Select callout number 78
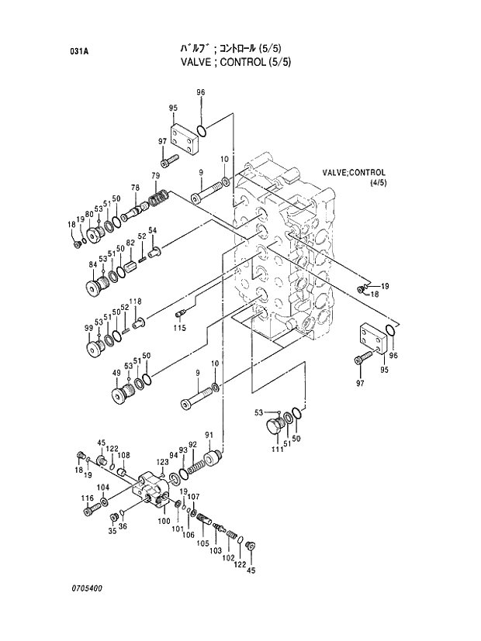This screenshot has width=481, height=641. pos(135,188)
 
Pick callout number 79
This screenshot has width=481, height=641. pos(156,176)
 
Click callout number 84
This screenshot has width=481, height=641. pos(93,265)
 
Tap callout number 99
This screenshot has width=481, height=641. pos(88,329)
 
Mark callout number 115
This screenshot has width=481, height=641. pos(179,328)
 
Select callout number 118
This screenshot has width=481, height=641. pos(135,302)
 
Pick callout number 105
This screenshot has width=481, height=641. pos(203,543)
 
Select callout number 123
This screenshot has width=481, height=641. pos(162,462)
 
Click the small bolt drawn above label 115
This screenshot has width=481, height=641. pos(181,313)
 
